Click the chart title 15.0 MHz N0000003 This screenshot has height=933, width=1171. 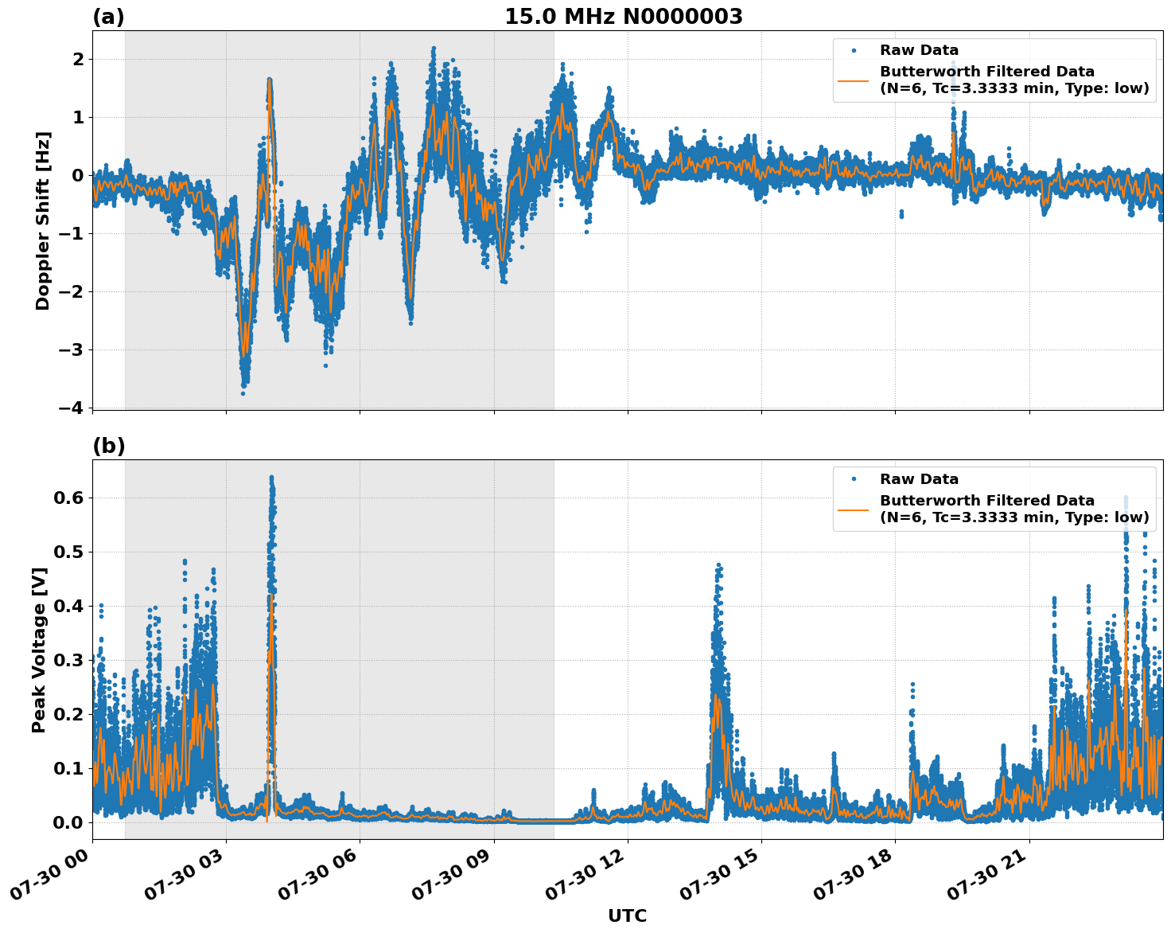(x=623, y=17)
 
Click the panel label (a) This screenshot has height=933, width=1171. (x=108, y=17)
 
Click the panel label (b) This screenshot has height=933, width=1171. (x=108, y=446)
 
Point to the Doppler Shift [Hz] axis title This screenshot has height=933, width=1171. (x=43, y=221)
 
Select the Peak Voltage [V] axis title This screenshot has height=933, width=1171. (x=39, y=650)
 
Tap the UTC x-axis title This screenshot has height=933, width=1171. (x=627, y=915)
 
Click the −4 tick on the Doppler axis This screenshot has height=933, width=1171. (x=71, y=408)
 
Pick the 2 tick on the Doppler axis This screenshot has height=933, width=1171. (x=78, y=60)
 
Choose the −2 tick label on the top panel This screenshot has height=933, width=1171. (x=71, y=291)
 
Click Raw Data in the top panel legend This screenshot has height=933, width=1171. (x=919, y=50)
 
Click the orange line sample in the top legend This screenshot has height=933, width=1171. (x=853, y=80)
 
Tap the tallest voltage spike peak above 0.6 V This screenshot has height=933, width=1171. (x=271, y=478)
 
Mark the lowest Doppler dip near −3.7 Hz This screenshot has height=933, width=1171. (x=243, y=392)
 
